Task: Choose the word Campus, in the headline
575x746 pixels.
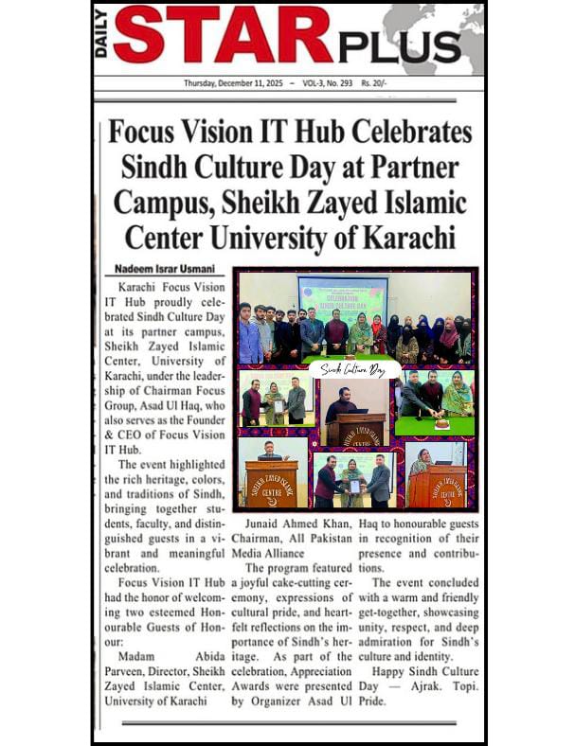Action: click(162, 202)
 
